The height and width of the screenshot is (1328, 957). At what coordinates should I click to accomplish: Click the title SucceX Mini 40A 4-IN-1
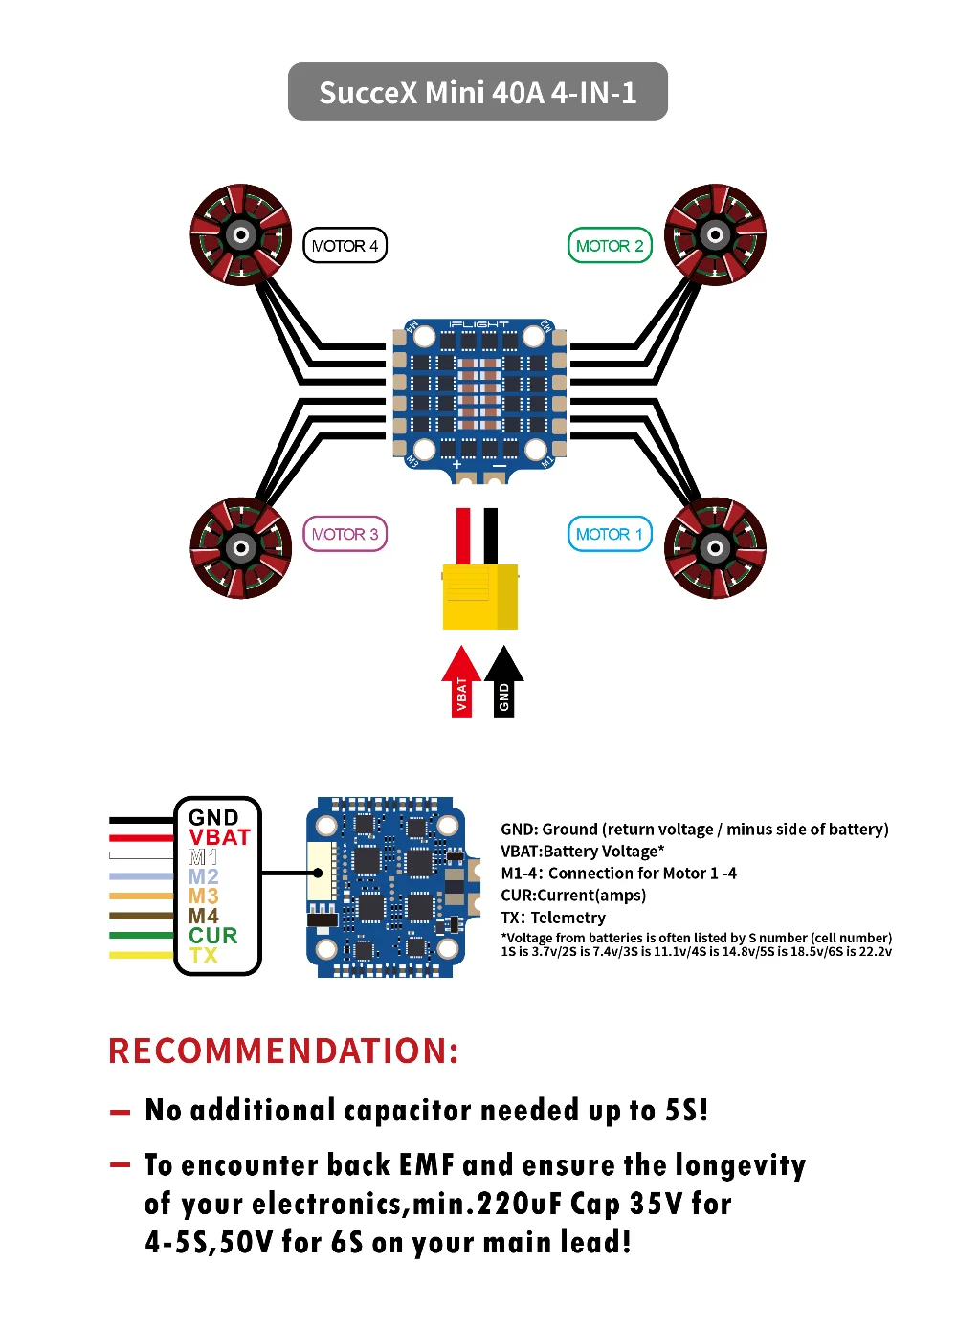478,93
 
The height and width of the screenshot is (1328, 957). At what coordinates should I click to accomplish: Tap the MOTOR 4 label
345,246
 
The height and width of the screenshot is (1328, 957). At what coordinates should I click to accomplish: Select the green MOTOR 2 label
610,246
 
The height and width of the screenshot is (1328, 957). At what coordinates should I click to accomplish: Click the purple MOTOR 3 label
345,534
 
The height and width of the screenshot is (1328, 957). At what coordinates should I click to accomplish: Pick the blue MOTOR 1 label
610,534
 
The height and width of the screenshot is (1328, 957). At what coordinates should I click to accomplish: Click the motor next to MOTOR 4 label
240,234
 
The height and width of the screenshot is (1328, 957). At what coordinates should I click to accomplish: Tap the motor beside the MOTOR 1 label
715,547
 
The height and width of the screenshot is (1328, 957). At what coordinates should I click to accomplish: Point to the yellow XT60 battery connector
479,596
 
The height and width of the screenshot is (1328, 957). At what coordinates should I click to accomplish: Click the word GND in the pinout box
213,817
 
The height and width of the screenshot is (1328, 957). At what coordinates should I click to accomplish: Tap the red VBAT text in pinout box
219,837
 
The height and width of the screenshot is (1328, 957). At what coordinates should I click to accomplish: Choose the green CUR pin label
212,935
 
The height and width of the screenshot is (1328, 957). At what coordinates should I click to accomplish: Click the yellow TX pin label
203,955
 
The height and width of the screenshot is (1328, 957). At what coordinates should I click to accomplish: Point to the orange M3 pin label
203,896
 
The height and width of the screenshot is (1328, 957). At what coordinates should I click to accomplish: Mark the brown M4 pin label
203,916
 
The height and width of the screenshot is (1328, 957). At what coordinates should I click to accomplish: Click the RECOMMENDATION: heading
283,1051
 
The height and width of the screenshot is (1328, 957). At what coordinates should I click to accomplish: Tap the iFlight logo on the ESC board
478,325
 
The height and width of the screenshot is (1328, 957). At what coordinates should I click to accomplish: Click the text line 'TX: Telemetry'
553,918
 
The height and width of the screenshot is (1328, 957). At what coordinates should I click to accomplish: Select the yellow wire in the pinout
142,955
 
